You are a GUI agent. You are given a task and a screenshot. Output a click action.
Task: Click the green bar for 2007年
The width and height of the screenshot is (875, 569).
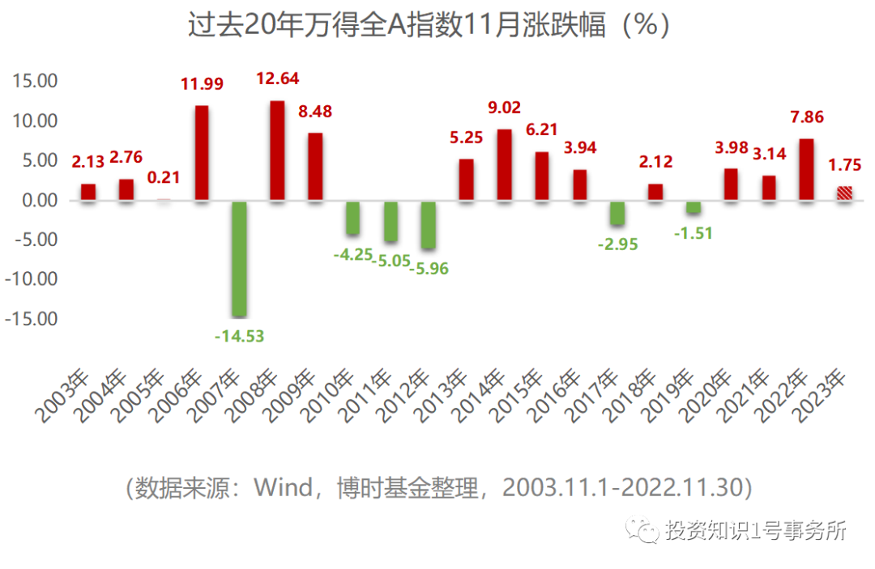click(239, 258)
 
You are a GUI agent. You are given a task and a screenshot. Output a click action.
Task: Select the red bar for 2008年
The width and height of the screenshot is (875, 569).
click(276, 151)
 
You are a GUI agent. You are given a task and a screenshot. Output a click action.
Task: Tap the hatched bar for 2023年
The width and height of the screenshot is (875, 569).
click(844, 193)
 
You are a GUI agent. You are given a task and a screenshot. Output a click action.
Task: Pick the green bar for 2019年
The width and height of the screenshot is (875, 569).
click(693, 207)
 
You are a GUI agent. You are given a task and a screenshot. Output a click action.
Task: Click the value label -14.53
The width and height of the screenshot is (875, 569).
click(240, 336)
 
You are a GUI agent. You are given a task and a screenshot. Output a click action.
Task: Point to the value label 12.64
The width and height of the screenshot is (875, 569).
click(278, 79)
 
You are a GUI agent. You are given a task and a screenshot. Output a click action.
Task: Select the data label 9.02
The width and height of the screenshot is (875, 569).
click(504, 108)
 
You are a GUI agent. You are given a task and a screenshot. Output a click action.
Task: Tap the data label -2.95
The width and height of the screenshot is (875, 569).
click(617, 244)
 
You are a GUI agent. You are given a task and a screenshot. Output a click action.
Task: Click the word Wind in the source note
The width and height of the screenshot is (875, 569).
click(284, 488)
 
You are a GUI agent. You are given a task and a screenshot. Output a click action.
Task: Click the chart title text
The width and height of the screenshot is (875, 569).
click(429, 26)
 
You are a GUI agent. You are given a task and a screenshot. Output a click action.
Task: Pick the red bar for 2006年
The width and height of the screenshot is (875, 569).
click(202, 153)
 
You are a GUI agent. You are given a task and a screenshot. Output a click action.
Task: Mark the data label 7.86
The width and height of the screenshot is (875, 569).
click(807, 117)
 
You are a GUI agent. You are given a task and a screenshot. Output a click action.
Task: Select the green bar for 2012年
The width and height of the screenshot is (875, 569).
click(429, 224)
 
